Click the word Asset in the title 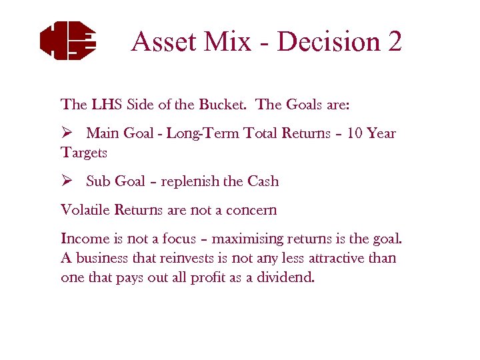(163, 41)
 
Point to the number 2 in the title (394, 41)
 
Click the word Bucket (225, 105)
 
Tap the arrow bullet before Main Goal (66, 133)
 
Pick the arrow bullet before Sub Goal (66, 181)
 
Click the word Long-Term (197, 133)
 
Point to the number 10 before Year (355, 133)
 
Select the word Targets (84, 153)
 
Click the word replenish (198, 181)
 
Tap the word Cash (263, 181)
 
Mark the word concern (252, 210)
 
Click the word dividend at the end (287, 277)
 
